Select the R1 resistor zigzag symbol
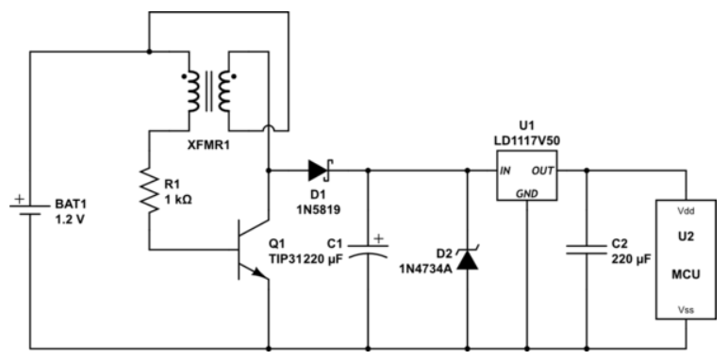149,194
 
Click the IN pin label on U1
505,172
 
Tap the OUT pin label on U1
543,172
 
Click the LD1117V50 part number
523,139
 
